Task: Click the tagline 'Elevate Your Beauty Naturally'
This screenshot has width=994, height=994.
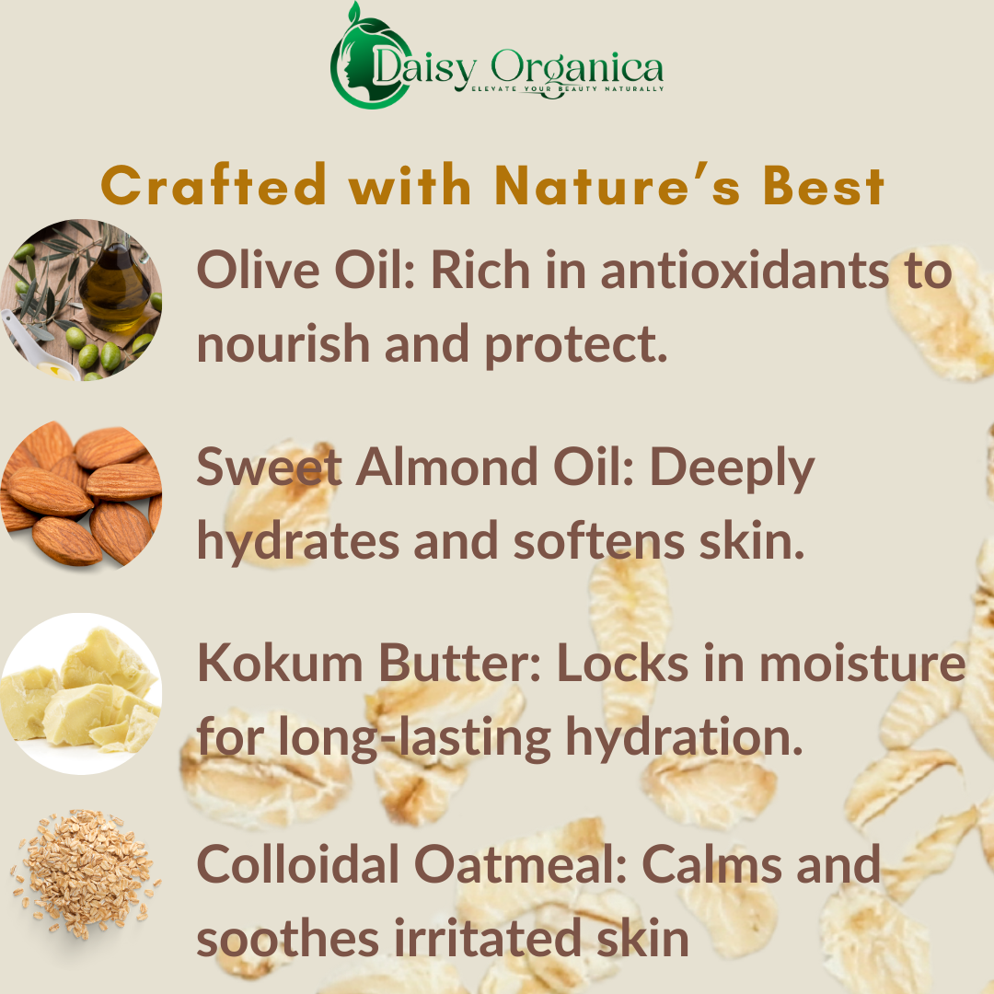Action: pos(567,88)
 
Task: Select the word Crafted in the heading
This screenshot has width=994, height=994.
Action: pos(214,185)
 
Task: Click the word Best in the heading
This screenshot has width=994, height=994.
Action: pos(823,185)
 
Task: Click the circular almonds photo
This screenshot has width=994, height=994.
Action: pos(81,494)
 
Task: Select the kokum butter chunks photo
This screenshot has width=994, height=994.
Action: pos(81,694)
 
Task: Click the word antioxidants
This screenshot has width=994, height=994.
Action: pos(745,271)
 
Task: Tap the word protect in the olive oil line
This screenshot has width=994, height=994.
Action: pos(575,345)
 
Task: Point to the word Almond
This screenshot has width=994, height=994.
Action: pos(447,468)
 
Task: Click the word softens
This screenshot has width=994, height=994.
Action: pos(599,542)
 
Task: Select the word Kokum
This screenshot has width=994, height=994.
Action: pos(280,663)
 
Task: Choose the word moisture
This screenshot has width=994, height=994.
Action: pos(862,663)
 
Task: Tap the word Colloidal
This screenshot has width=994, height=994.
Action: pos(298,863)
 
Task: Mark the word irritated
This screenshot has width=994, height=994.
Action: pos(488,938)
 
